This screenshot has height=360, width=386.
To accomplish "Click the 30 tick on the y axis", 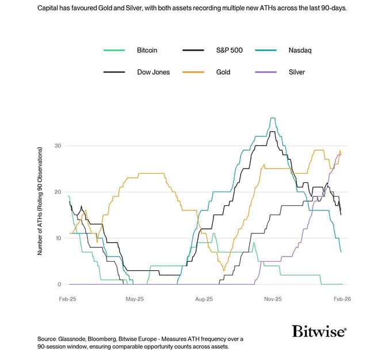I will click(57, 146).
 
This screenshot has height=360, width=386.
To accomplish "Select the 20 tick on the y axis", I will click(57, 192).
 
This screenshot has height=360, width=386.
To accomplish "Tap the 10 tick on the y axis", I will click(57, 238).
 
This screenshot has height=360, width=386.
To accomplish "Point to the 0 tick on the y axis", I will click(59, 284).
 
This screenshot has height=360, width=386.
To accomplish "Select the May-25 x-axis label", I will click(135, 300).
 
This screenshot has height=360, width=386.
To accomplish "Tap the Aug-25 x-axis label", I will click(204, 300).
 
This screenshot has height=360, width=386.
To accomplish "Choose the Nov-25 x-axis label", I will click(273, 300).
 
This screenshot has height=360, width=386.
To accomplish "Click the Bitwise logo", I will click(319, 331).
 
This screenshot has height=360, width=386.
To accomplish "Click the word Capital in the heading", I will click(49, 9).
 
